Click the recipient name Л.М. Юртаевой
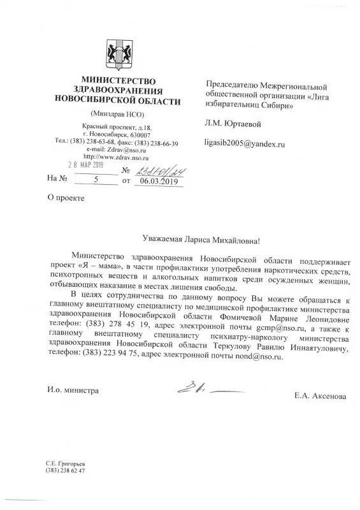click(x=233, y=123)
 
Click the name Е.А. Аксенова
click(x=320, y=396)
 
